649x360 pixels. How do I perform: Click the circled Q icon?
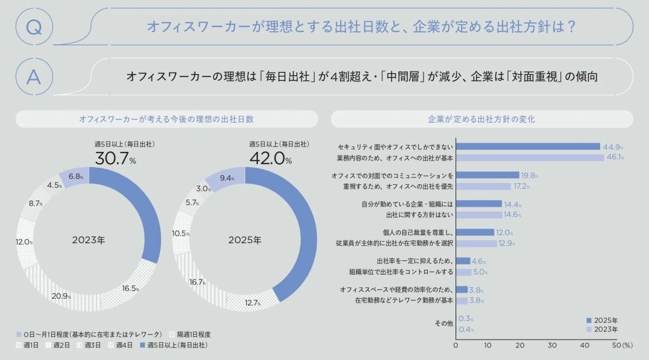34,27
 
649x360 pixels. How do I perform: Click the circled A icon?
34,77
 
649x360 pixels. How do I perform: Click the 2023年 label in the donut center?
89,240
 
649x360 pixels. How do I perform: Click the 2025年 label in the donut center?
244,240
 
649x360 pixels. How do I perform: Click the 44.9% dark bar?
528,146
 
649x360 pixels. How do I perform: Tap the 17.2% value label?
521,186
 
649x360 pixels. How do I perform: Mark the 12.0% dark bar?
475,232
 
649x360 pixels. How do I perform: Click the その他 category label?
444,323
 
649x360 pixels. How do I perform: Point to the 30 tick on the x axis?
552,345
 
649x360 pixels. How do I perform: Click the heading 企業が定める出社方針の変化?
481,119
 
